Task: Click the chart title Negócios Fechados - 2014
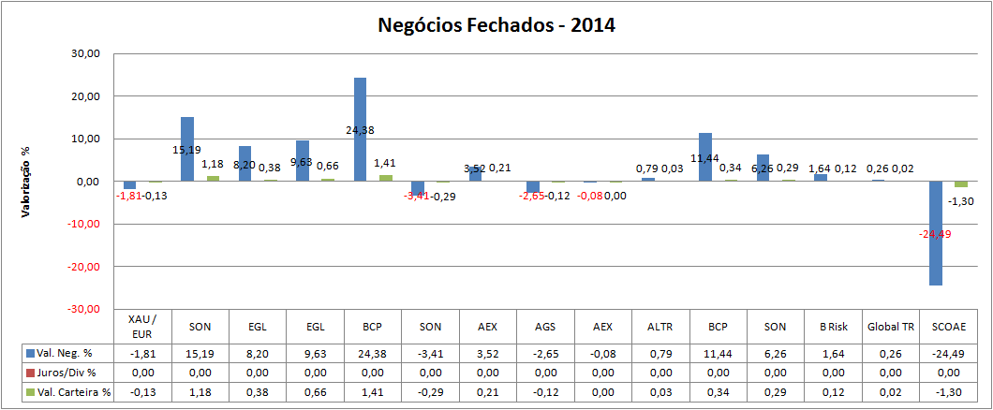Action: [496, 25]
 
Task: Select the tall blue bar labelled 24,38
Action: [360, 129]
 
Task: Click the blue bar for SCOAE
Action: [935, 233]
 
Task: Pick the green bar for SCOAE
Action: [960, 184]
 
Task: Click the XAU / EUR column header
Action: [142, 326]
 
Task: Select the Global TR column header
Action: [890, 326]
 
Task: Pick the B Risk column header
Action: [832, 326]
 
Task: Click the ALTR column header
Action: [660, 326]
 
